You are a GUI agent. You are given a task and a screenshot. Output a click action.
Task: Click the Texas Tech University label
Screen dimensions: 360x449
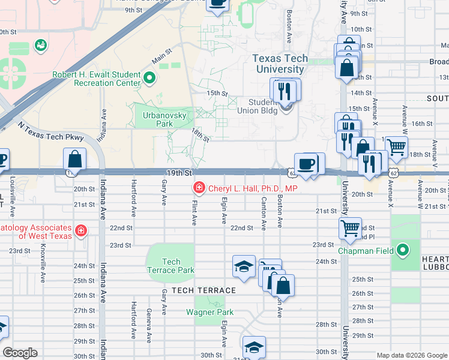[x=280, y=64]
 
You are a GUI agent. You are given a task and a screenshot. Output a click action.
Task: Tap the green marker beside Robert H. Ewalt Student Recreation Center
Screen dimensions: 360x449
[x=149, y=78]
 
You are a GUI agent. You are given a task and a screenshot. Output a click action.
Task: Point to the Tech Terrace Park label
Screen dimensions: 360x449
[x=171, y=266]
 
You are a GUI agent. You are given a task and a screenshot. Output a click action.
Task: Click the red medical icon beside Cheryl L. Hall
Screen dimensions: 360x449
[x=199, y=188]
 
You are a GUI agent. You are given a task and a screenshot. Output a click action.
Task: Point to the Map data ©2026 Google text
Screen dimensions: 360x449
[x=412, y=355]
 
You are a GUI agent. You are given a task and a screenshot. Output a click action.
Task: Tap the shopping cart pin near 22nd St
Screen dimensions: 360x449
[x=350, y=228]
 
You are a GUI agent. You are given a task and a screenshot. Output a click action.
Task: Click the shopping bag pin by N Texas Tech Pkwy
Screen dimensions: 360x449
[x=75, y=160]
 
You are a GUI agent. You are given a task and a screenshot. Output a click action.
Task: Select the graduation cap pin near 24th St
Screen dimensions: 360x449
[x=244, y=266]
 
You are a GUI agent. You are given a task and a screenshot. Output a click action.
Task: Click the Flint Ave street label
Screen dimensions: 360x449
[x=194, y=212]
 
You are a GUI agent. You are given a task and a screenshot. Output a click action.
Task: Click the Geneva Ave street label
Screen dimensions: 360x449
[x=148, y=320]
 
